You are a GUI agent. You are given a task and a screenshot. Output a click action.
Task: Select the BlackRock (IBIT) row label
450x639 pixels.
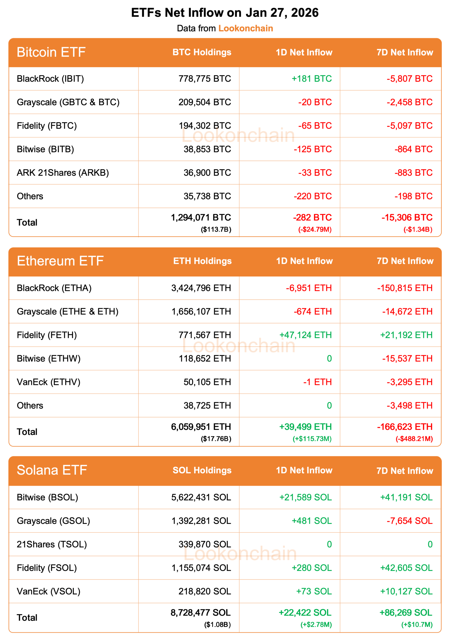[x=50, y=79]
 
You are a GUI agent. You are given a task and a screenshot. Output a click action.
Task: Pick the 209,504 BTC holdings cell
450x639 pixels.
[x=205, y=102]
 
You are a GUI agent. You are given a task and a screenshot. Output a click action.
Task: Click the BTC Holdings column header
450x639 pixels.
[x=202, y=52]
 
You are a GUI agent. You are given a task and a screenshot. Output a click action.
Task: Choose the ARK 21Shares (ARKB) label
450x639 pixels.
[x=63, y=173]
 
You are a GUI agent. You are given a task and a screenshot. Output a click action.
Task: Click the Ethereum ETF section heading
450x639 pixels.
[x=60, y=261]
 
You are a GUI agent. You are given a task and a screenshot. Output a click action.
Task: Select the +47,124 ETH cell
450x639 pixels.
[x=305, y=335]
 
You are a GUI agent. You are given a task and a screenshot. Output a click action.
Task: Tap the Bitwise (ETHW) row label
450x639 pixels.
[x=48, y=358]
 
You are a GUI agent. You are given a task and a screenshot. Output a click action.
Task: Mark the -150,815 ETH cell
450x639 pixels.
[x=405, y=288]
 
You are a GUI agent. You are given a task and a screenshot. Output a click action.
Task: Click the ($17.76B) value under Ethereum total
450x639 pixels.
[x=216, y=439]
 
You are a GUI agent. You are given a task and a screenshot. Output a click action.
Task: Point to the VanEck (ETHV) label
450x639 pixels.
[x=48, y=382]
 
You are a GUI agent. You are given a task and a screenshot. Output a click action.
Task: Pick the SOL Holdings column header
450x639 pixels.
[x=202, y=470]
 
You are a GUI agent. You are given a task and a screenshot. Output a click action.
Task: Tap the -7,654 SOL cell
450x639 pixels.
[x=409, y=521]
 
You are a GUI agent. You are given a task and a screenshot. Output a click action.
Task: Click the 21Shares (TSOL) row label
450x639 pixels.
[x=52, y=544]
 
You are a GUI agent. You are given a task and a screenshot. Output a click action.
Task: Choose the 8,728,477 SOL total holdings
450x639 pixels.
[x=201, y=613]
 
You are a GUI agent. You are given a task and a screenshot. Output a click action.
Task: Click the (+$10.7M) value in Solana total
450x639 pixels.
[x=417, y=625]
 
